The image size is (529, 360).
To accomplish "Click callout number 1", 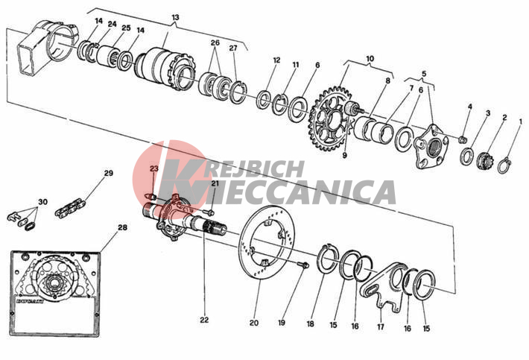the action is click(x=520, y=121).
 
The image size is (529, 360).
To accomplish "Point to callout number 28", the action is click(x=122, y=228).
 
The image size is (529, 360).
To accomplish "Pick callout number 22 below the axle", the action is click(x=204, y=320).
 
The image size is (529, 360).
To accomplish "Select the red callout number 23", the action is click(x=154, y=168).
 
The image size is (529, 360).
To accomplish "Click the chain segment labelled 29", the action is click(x=70, y=207).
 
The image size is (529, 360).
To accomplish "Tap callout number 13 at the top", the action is click(x=175, y=17).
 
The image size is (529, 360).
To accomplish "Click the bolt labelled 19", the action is click(x=304, y=265).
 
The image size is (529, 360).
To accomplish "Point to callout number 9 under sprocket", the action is click(x=344, y=156).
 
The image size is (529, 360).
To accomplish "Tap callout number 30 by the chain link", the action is click(x=42, y=202).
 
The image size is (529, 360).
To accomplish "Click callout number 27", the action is click(x=233, y=48).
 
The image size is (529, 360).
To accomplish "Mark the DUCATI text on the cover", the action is click(x=30, y=301).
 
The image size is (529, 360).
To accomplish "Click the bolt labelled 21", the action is click(x=209, y=212).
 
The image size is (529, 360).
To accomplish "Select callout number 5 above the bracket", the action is click(x=424, y=74).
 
